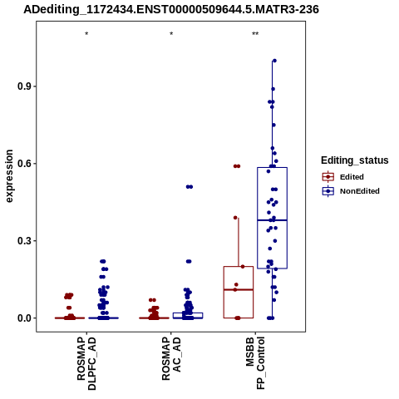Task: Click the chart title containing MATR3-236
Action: pos(171,9)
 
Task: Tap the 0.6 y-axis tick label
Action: pos(23,164)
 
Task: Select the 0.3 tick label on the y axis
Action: pos(23,241)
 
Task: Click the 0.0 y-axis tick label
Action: pos(23,318)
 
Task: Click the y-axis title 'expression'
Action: pos(9,176)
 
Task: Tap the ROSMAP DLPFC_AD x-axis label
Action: pos(86,363)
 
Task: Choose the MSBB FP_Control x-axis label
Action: pos(255,363)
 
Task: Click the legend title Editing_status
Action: pos(355,160)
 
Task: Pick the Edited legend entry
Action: pos(342,177)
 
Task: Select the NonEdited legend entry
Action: pos(351,191)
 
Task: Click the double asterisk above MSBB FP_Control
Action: pos(255,34)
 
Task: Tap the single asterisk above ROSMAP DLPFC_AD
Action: pos(86,34)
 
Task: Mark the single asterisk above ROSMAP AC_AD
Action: pos(171,34)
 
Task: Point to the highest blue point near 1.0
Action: pos(274,61)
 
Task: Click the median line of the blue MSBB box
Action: pos(272,220)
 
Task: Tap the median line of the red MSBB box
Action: pos(239,289)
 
